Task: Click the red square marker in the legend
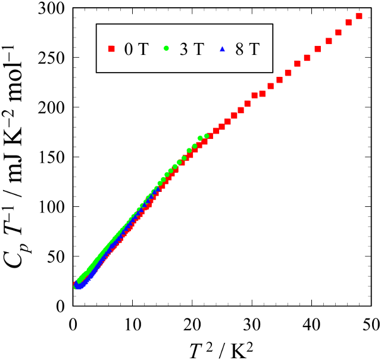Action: pyautogui.click(x=110, y=49)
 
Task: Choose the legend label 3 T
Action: pyautogui.click(x=191, y=49)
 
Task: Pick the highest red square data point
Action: pyautogui.click(x=358, y=17)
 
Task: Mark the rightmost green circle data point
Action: pyautogui.click(x=207, y=136)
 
